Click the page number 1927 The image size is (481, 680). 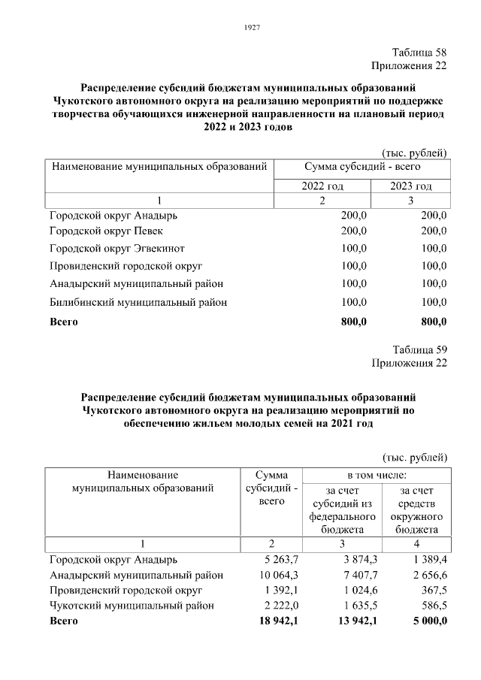[x=253, y=28]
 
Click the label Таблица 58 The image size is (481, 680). [x=419, y=53]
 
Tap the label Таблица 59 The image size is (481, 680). [x=419, y=349]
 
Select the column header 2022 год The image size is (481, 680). [x=322, y=186]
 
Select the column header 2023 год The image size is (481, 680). [x=411, y=186]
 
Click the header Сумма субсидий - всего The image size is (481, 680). [x=362, y=165]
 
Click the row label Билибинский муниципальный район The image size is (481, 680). [x=138, y=302]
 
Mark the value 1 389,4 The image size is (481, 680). [x=429, y=560]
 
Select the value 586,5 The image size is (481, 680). [x=433, y=605]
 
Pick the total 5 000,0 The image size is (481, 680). [x=426, y=621]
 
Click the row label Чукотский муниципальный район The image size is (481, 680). [x=132, y=605]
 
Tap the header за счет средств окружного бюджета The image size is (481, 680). [x=416, y=510]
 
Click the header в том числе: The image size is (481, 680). [x=377, y=475]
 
